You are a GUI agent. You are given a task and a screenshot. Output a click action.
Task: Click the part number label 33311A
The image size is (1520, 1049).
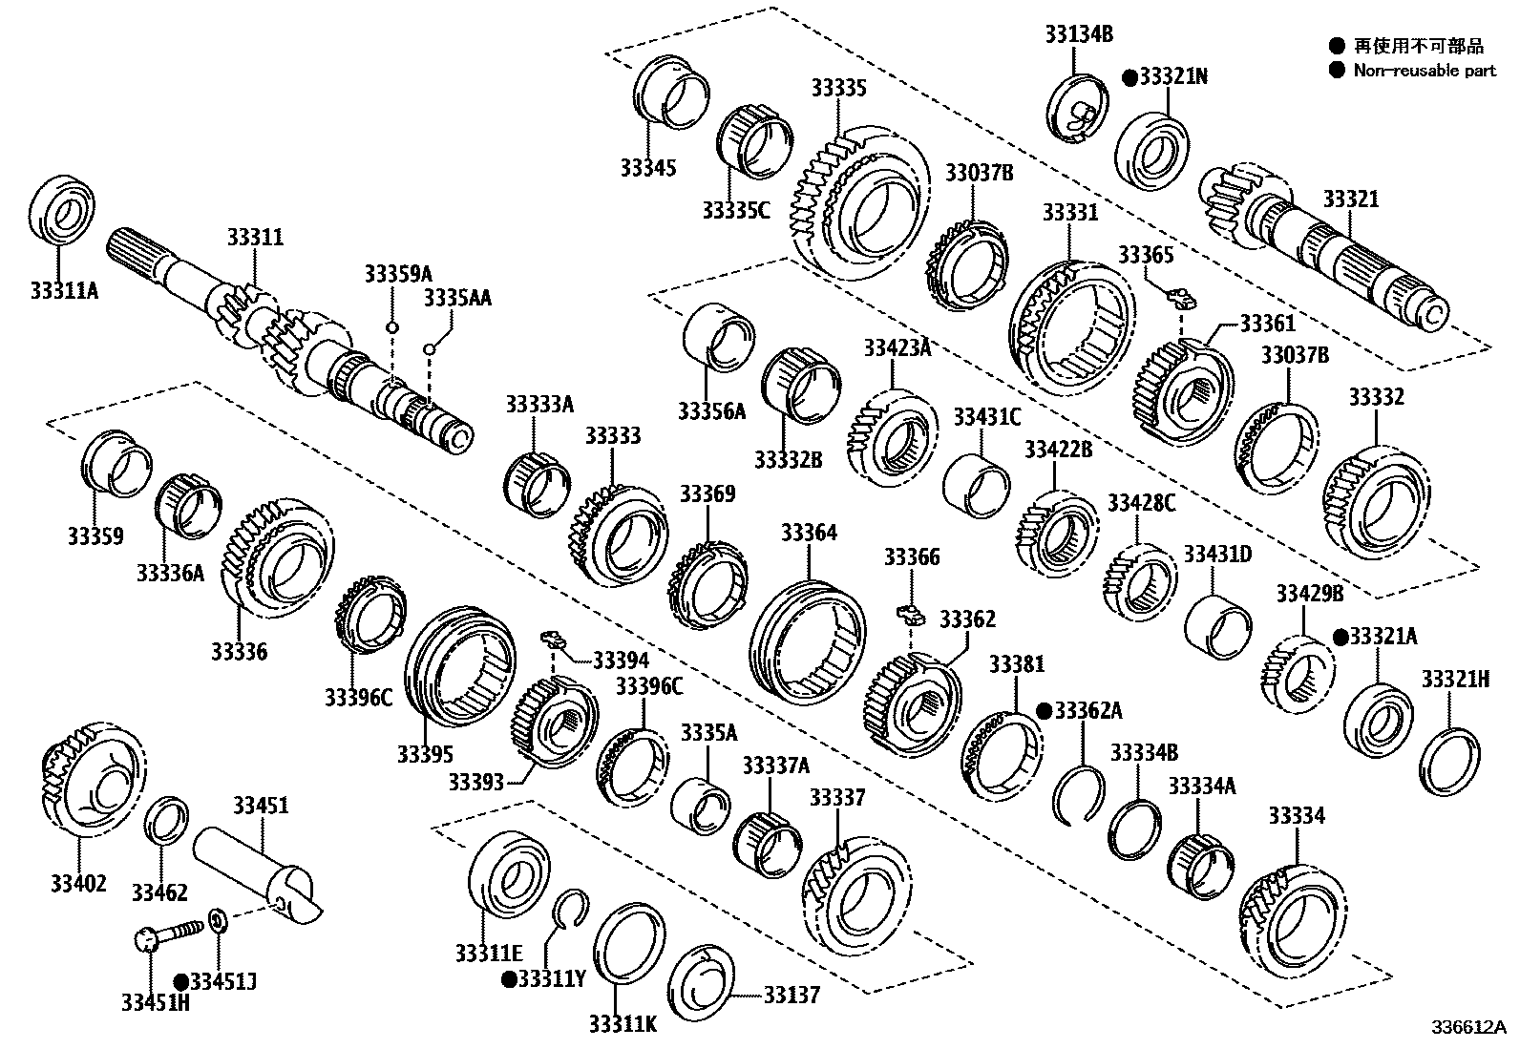point(63,289)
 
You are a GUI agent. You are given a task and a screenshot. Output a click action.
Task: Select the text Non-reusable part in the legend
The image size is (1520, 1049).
point(1425,70)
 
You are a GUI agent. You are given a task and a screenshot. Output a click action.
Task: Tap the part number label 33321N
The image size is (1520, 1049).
point(1172,76)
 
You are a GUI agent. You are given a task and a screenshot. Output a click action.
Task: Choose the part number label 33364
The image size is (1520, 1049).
point(808,533)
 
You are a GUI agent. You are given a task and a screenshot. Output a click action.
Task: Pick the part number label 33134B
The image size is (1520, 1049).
point(1078,34)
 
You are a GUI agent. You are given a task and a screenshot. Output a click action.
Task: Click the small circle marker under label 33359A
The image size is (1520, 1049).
point(391,327)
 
